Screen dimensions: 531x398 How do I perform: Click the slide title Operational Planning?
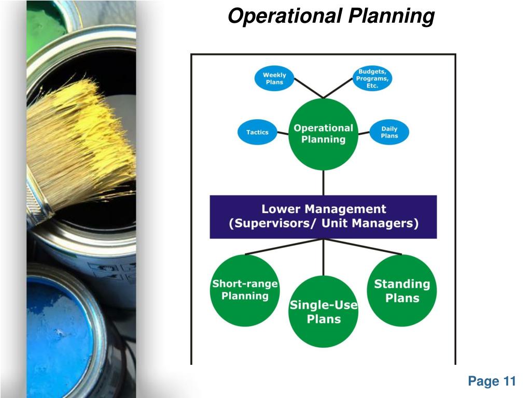(x=331, y=16)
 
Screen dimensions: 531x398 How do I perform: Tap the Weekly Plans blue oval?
(x=274, y=79)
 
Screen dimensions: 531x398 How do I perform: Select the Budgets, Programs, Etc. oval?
(x=372, y=79)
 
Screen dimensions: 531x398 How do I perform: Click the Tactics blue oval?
(x=257, y=132)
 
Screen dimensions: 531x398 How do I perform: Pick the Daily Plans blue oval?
(x=389, y=132)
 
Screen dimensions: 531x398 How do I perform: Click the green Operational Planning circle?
(x=324, y=134)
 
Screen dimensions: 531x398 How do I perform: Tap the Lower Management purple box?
(x=324, y=217)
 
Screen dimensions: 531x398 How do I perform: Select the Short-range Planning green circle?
(x=245, y=290)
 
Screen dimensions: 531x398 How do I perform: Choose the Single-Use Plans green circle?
(x=324, y=311)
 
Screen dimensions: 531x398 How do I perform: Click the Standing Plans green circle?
(x=402, y=290)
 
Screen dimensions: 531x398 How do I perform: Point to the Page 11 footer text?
(x=492, y=381)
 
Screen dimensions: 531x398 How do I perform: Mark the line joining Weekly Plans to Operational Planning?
(x=309, y=88)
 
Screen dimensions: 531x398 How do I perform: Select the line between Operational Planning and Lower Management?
(x=324, y=183)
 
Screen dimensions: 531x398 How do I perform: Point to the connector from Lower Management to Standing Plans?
(x=362, y=246)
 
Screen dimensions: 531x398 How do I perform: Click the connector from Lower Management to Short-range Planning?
(x=284, y=246)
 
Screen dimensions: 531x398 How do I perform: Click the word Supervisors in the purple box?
(x=273, y=223)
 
